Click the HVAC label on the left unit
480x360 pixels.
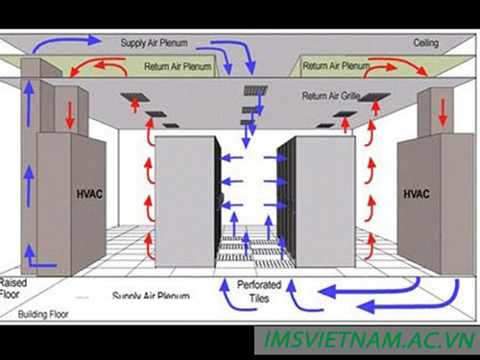pyautogui.click(x=89, y=194)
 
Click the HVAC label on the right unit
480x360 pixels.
pyautogui.click(x=417, y=194)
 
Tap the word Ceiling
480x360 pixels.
pyautogui.click(x=425, y=43)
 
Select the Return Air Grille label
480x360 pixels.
pyautogui.click(x=331, y=95)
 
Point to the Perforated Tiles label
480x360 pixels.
pyautogui.click(x=259, y=292)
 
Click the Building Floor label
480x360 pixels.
pyautogui.click(x=43, y=314)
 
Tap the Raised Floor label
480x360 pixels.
pyautogui.click(x=12, y=288)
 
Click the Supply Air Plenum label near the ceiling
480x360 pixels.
pyautogui.click(x=154, y=43)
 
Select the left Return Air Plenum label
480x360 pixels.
pyautogui.click(x=178, y=66)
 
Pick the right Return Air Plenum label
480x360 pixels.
pyautogui.click(x=336, y=65)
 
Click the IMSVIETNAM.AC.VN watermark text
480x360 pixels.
pyautogui.click(x=369, y=340)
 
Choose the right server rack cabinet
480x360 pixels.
pyautogui.click(x=317, y=202)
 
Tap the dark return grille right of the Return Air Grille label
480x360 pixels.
pyautogui.click(x=374, y=96)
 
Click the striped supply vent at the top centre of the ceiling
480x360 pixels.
pyautogui.click(x=255, y=90)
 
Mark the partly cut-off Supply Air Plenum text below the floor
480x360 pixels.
pyautogui.click(x=151, y=295)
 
